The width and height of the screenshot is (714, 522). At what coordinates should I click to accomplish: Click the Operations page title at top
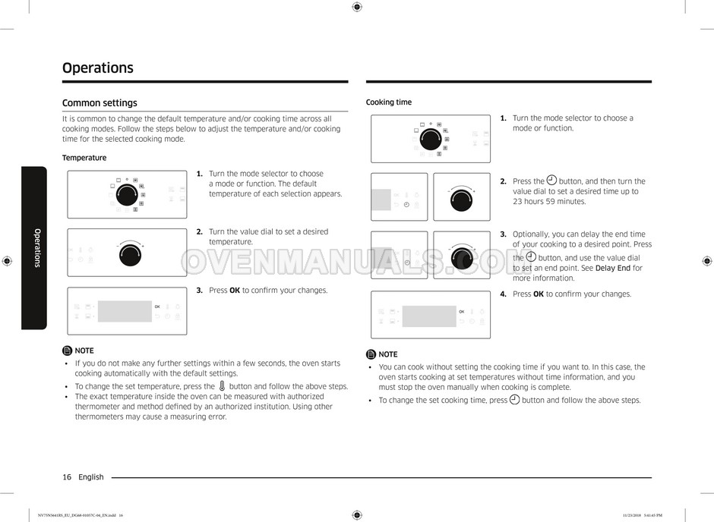pos(98,68)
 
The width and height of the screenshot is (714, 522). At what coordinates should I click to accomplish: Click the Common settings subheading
pos(100,103)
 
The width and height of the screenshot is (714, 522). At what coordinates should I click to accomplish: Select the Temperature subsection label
pos(84,158)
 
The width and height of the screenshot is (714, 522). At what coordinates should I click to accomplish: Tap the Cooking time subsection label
pos(389,102)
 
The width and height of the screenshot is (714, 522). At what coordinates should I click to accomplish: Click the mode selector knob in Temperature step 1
pos(127,196)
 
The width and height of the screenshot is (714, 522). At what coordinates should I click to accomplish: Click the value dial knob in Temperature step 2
pos(130,255)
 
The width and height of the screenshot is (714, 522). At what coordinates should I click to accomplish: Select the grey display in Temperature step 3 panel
pos(125,311)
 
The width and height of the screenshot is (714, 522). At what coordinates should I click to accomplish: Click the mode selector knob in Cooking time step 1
pos(431,139)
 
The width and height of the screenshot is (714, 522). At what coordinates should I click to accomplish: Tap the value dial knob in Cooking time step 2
pos(461,200)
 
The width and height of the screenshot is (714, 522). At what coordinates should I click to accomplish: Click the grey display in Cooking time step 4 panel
pos(429,316)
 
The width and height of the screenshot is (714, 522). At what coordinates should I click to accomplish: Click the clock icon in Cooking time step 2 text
pos(551,180)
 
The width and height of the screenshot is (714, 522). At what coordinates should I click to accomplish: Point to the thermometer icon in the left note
pos(222,386)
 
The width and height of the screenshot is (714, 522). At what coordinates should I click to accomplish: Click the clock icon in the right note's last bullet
pos(514,400)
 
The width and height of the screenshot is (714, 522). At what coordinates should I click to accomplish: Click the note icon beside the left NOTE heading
pos(68,351)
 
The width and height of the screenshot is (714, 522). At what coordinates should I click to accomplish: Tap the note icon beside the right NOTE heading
pos(371,354)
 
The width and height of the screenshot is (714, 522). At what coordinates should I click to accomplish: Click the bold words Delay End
pos(613,269)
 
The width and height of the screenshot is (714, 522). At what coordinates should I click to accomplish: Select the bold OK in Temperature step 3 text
pos(235,291)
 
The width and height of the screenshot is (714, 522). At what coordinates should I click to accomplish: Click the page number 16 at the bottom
pos(67,477)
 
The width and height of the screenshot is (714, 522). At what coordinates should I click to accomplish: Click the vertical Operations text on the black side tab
pos(37,248)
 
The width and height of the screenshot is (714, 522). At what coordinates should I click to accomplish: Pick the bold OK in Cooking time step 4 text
pos(539,294)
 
